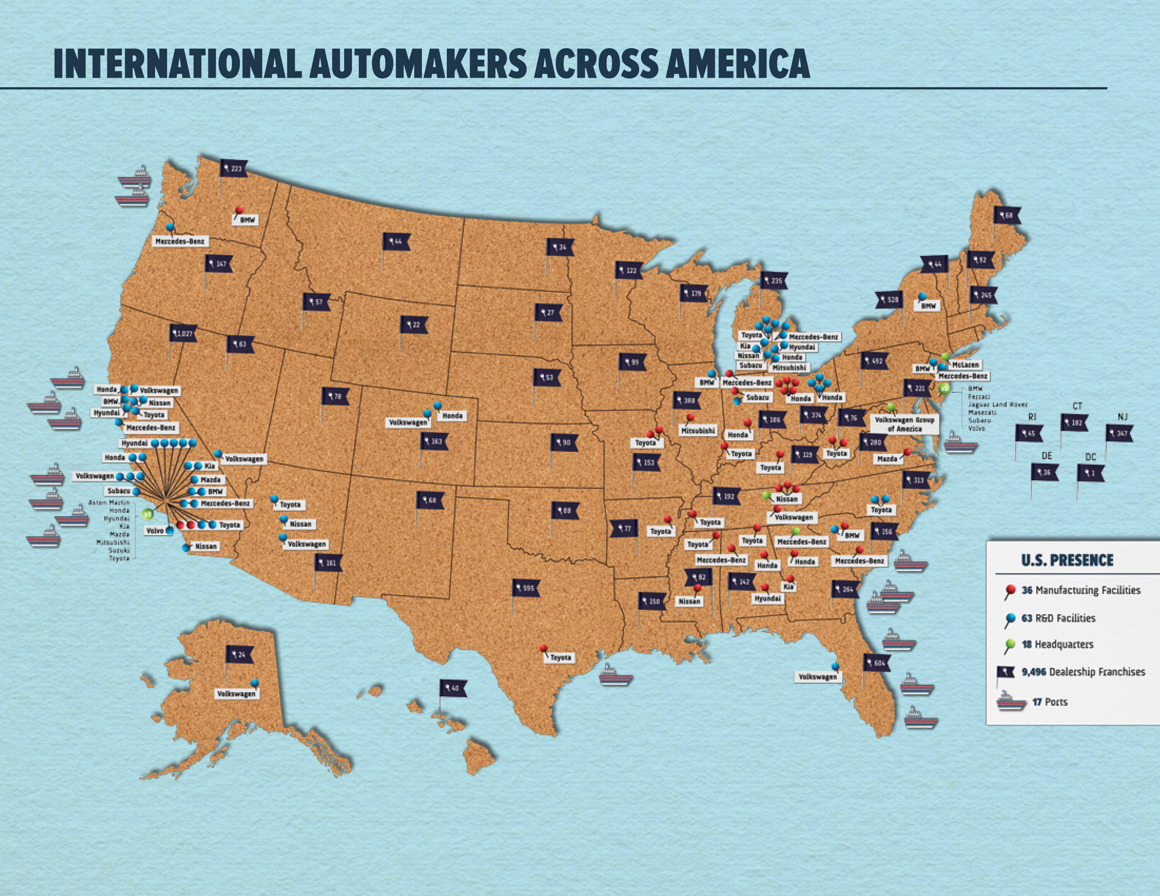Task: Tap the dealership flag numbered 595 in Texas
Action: pyautogui.click(x=526, y=588)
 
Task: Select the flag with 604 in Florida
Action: pyautogui.click(x=877, y=663)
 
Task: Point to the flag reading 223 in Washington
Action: pyautogui.click(x=234, y=169)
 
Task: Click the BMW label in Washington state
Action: pyautogui.click(x=245, y=219)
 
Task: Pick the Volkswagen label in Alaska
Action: pyautogui.click(x=236, y=694)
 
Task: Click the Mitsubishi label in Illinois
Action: pyautogui.click(x=698, y=431)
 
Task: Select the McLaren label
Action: pyautogui.click(x=965, y=365)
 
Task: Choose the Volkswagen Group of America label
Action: pyautogui.click(x=904, y=424)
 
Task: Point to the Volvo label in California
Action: pyautogui.click(x=154, y=530)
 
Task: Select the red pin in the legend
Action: pyautogui.click(x=1011, y=590)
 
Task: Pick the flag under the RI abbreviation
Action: pyautogui.click(x=1029, y=433)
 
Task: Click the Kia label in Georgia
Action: pyautogui.click(x=788, y=587)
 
